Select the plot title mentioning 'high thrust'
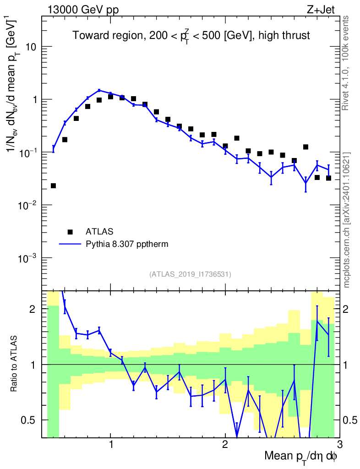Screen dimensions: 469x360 tap(191, 36)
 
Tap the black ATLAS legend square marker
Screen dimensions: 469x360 tap(70, 231)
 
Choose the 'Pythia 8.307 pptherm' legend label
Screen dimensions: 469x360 tap(127, 244)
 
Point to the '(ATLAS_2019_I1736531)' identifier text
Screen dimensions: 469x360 tap(190, 274)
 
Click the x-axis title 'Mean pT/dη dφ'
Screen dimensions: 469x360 tap(300, 457)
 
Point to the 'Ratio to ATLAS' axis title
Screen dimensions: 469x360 tap(15, 364)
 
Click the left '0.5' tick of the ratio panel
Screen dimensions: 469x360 tap(31, 420)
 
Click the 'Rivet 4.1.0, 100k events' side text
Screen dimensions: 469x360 tap(346, 62)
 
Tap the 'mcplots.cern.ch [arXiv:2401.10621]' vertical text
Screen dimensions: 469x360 tap(347, 220)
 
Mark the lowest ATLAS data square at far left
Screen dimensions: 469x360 tap(53, 185)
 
